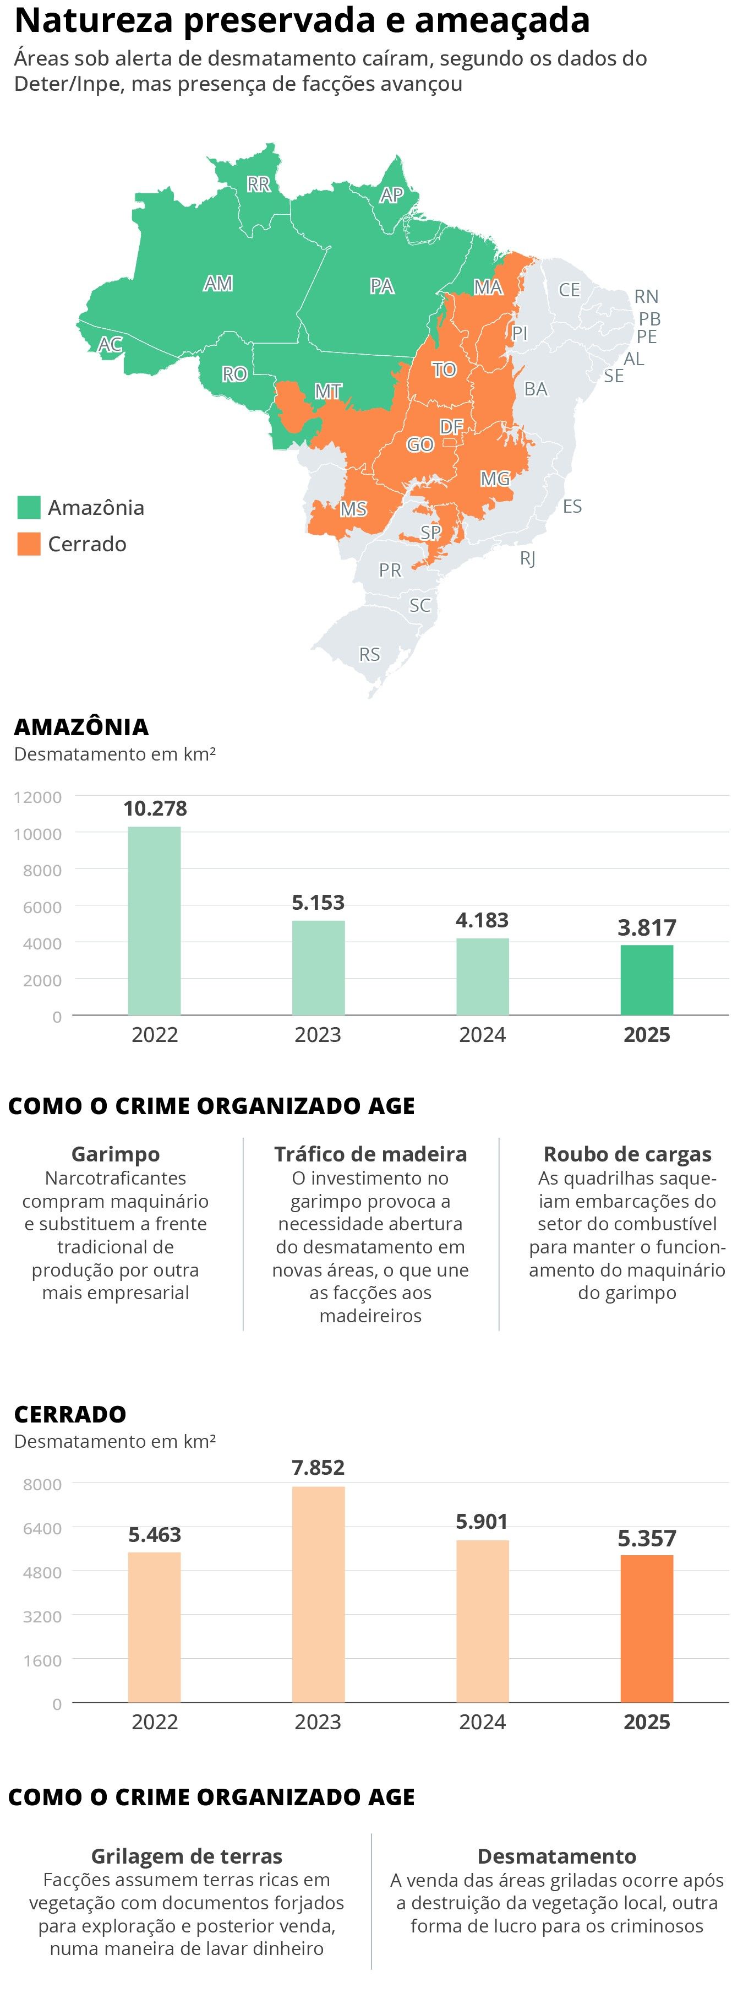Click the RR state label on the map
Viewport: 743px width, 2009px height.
258,184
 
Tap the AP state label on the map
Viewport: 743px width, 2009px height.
391,194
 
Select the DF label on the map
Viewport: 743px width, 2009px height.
451,427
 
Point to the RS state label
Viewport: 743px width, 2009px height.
369,654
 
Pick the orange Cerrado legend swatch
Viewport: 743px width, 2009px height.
29,544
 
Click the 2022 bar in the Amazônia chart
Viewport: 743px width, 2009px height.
154,920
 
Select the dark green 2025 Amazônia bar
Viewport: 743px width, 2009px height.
646,980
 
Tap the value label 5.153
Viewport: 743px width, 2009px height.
318,902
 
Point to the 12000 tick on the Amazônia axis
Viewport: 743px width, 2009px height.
37,797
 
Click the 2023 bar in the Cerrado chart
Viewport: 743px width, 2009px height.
318,1594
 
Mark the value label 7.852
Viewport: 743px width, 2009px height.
318,1467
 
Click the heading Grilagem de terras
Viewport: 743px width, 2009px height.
187,1855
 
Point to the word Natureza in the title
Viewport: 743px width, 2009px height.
93,21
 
